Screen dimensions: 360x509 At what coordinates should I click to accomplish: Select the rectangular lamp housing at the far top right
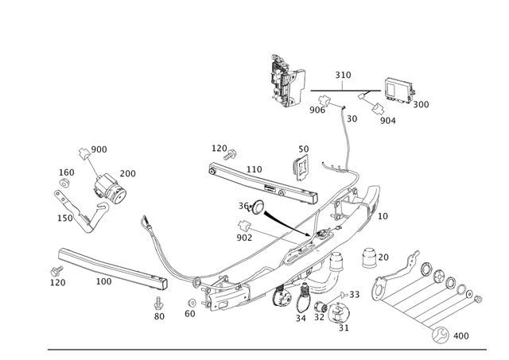point(398,91)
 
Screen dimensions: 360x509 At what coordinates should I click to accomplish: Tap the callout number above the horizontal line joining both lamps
point(344,76)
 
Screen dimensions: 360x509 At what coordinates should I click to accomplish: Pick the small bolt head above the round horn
point(84,151)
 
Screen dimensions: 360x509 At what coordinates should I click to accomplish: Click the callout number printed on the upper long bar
point(253,169)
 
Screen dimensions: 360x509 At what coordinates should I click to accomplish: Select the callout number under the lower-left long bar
point(103,281)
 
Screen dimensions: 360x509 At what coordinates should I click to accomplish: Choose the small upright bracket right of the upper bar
point(301,163)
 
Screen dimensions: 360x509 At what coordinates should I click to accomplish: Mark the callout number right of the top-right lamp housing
point(422,103)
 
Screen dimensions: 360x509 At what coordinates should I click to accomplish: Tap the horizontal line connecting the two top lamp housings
point(342,88)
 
